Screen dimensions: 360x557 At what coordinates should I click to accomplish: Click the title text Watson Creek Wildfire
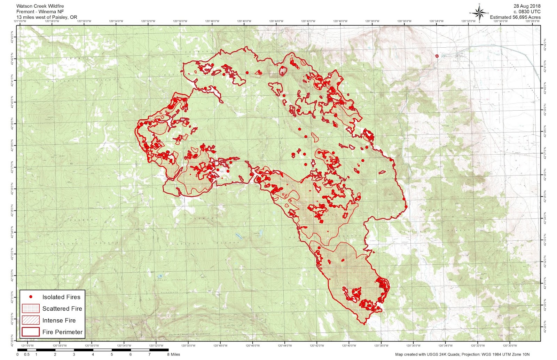point(40,6)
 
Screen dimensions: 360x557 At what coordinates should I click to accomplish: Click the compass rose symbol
point(479,13)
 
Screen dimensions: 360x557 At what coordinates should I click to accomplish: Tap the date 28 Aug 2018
point(527,6)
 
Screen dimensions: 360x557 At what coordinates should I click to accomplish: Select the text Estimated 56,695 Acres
point(515,17)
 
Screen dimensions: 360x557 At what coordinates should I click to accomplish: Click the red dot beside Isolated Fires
point(31,297)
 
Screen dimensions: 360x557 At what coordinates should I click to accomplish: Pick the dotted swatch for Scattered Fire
point(31,309)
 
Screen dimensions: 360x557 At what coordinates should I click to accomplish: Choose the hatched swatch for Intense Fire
point(31,320)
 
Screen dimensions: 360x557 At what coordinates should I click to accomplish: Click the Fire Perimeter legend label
point(63,332)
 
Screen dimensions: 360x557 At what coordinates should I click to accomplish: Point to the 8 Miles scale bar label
point(173,354)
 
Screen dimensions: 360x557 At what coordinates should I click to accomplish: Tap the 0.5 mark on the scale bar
point(26,354)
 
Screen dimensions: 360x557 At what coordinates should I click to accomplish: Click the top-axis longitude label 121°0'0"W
point(20,21)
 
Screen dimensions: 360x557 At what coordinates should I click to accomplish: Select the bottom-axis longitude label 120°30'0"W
point(510,346)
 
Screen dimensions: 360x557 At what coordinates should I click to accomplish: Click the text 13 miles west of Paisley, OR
point(47,17)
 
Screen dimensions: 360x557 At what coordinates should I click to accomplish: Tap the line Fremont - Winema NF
point(40,11)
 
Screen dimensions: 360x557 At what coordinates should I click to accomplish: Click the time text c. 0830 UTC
point(527,11)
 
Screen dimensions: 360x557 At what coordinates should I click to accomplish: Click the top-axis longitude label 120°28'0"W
point(533,21)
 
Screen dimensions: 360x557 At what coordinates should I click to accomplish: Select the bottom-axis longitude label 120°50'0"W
point(188,346)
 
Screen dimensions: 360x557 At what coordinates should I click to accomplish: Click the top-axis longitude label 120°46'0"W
point(244,21)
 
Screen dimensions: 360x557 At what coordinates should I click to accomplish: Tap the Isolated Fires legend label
point(61,297)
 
